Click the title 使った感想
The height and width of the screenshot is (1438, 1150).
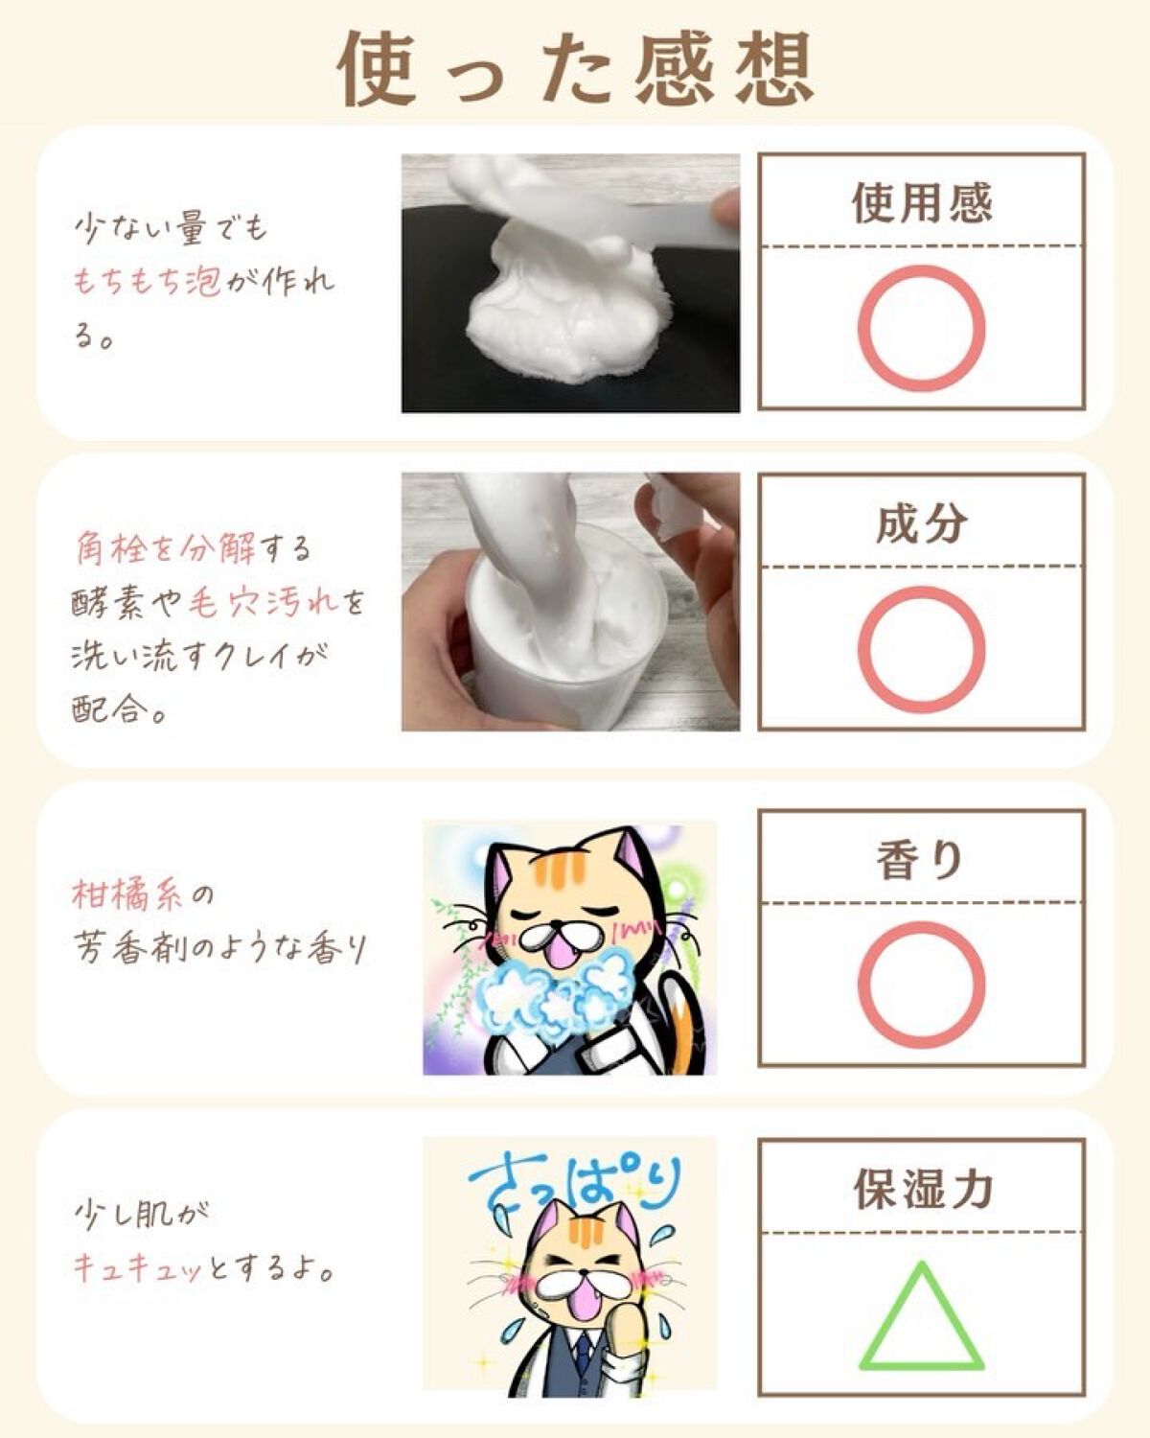pyautogui.click(x=575, y=69)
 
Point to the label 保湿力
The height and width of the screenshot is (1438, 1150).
pyautogui.click(x=922, y=1189)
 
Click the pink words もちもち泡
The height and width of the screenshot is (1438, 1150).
pyautogui.click(x=147, y=283)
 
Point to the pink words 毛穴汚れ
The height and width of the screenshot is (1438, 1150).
pyautogui.click(x=264, y=603)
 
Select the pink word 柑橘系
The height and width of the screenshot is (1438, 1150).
pyautogui.click(x=126, y=894)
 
